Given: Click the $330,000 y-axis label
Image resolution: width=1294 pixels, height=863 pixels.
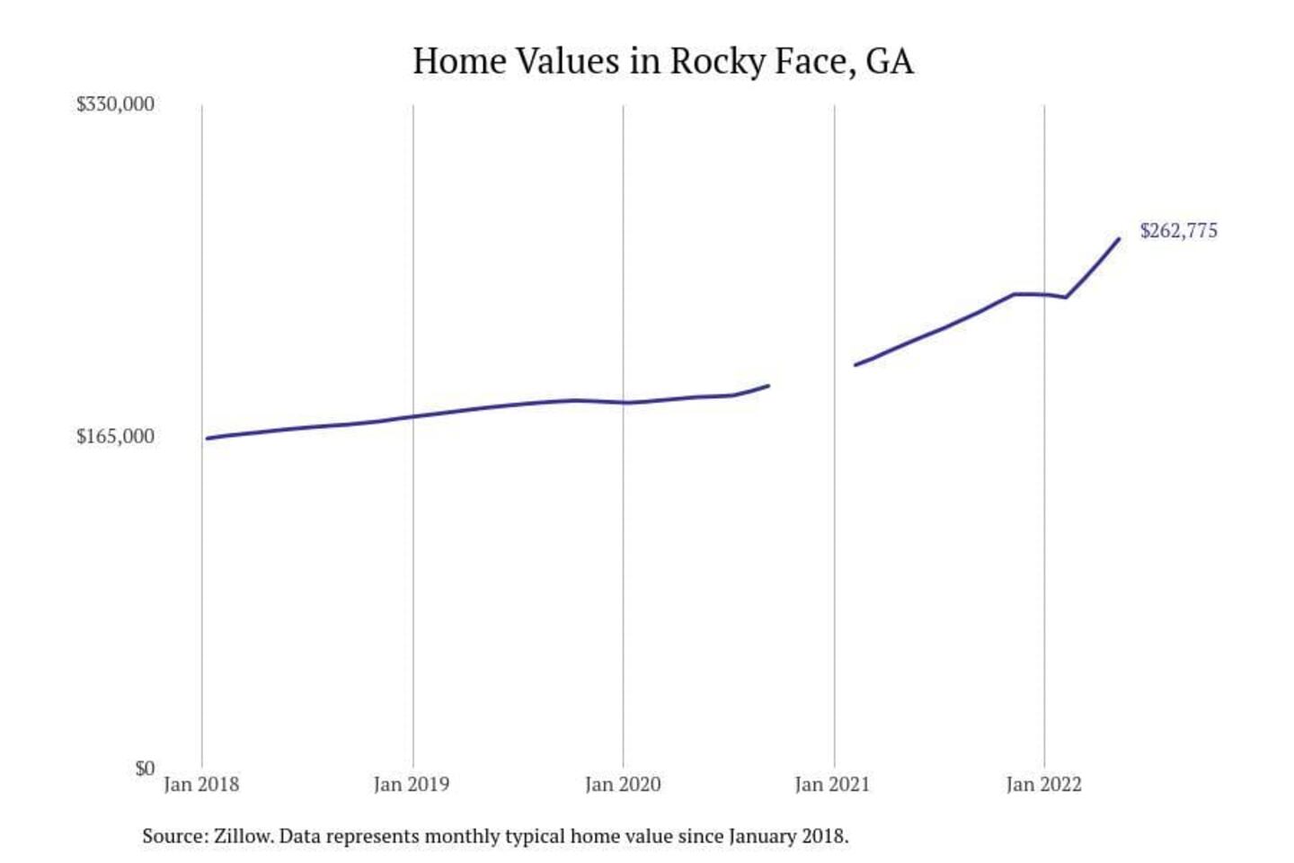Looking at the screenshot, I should click(x=115, y=104).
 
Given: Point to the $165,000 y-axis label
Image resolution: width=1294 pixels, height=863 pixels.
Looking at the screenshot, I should click(x=115, y=437).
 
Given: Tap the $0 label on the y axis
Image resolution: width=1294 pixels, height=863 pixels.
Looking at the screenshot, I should click(x=145, y=769).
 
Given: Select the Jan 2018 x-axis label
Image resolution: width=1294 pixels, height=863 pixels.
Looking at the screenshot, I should click(x=201, y=785).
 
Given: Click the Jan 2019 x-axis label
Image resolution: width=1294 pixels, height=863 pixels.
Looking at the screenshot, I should click(x=412, y=785).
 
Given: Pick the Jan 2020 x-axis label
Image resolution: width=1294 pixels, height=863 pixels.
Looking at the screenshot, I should click(x=623, y=785).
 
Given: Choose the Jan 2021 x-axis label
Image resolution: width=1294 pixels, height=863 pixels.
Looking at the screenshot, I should click(x=832, y=785).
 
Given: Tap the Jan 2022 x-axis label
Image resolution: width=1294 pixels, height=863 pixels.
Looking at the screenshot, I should click(x=1043, y=785).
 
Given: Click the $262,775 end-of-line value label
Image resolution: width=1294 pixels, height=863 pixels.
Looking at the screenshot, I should click(x=1178, y=231).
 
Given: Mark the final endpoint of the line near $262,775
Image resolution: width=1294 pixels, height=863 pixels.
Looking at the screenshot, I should click(x=1119, y=239).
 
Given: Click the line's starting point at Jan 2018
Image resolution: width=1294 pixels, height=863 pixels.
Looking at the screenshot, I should click(x=207, y=439).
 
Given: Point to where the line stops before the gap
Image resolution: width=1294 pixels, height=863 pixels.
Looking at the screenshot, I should click(x=768, y=386).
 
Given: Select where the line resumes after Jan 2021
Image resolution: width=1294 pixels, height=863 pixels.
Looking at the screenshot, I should click(x=855, y=365).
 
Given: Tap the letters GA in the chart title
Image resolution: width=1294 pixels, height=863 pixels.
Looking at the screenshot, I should click(x=889, y=62).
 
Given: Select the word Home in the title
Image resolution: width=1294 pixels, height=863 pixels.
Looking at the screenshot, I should click(x=458, y=62).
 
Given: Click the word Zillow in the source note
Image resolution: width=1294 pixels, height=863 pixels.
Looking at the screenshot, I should click(x=243, y=836).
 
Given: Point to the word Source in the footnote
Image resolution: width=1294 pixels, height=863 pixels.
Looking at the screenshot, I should click(x=174, y=836).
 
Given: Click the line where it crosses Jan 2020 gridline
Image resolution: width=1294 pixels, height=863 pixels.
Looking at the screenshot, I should click(x=624, y=403).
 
